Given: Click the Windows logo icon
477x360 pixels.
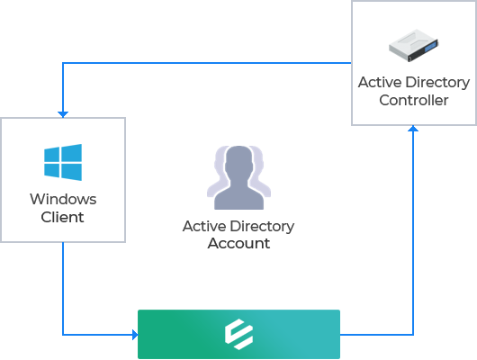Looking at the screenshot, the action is pyautogui.click(x=63, y=162).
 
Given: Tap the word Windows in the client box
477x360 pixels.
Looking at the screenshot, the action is pyautogui.click(x=63, y=199).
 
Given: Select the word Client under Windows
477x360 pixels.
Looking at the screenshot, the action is pyautogui.click(x=62, y=217).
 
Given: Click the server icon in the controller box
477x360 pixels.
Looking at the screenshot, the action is pyautogui.click(x=414, y=46).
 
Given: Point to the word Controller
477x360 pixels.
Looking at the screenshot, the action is pyautogui.click(x=414, y=100).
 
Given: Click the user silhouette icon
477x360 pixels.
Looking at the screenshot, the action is pyautogui.click(x=238, y=177).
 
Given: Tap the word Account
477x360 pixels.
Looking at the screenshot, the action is pyautogui.click(x=238, y=243).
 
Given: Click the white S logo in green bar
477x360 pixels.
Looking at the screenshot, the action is pyautogui.click(x=238, y=334).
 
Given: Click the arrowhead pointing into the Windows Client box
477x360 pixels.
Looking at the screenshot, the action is pyautogui.click(x=63, y=114).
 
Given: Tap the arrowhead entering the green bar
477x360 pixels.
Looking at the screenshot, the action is pyautogui.click(x=135, y=335).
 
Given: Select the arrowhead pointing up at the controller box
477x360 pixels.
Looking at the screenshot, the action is pyautogui.click(x=413, y=129).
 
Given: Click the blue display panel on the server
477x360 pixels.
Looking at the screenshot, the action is pyautogui.click(x=430, y=48).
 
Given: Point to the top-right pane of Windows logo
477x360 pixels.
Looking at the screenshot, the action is pyautogui.click(x=72, y=153).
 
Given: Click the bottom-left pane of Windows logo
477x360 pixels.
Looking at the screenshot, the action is pyautogui.click(x=51, y=170).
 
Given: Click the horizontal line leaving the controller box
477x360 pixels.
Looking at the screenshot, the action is pyautogui.click(x=207, y=63).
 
